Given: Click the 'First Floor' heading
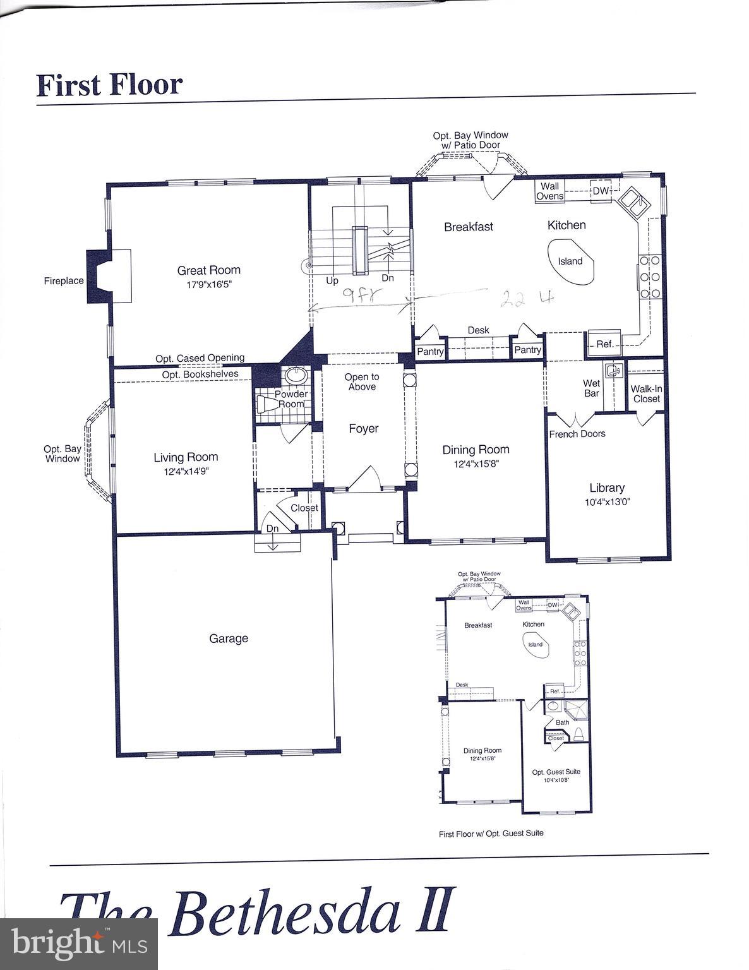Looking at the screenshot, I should [110, 85].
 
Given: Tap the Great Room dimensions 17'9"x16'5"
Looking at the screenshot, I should [208, 284].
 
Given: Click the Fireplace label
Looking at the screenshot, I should [63, 281].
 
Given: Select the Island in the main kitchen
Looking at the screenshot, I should [570, 261].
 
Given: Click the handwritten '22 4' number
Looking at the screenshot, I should [526, 299].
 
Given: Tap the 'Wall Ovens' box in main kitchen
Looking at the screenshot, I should [549, 191].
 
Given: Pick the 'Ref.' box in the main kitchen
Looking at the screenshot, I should [604, 344].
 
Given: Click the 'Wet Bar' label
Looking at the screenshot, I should [592, 388].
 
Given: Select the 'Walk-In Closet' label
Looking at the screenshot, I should [646, 393].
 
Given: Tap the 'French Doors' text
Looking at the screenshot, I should [577, 434].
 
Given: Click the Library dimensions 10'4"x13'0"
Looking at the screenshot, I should [607, 502].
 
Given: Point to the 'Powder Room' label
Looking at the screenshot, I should [291, 399].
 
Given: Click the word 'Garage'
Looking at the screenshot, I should [229, 638].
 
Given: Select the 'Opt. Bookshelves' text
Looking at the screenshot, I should [200, 374].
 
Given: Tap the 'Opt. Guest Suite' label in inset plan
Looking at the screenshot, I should [556, 772].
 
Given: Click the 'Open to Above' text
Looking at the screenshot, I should [362, 381].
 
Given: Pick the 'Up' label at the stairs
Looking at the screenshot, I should [332, 280].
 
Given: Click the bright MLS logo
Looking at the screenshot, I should [79, 944].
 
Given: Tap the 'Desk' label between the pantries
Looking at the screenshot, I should [478, 330].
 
